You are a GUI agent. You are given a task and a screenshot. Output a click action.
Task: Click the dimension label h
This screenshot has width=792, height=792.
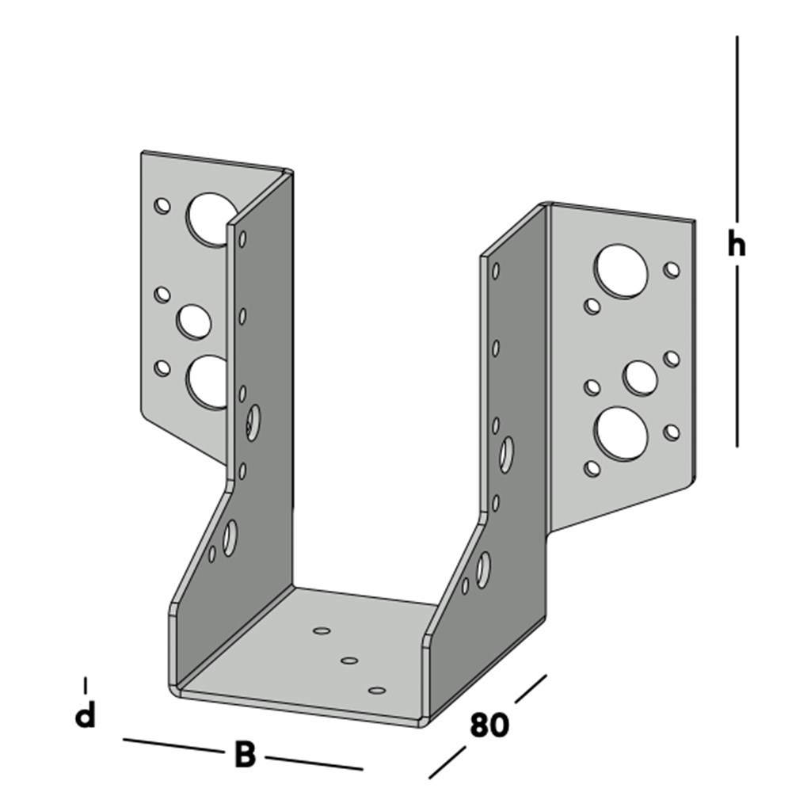click(x=737, y=246)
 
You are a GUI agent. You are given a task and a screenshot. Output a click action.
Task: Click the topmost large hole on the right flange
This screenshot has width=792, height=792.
click(x=623, y=272)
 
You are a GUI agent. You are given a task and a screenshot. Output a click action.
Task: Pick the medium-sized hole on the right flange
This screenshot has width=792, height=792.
click(x=639, y=377)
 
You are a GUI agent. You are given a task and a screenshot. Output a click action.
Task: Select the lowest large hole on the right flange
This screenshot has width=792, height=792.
click(x=621, y=433)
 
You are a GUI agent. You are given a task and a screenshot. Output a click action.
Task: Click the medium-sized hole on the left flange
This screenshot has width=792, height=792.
click(x=194, y=321)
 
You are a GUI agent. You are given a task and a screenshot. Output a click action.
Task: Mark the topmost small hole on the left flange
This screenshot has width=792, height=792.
click(x=162, y=206)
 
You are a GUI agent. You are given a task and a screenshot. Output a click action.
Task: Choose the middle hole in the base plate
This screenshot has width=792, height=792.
click(x=348, y=660)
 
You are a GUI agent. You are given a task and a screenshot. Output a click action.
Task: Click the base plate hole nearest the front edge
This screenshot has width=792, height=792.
click(x=378, y=691)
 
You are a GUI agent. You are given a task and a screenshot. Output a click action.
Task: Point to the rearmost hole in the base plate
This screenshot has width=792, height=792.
click(x=322, y=630)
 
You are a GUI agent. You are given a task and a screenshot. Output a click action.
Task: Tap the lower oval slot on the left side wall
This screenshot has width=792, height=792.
click(x=230, y=539)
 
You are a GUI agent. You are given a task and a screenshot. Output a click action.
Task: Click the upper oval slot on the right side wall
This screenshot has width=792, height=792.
click(x=506, y=454)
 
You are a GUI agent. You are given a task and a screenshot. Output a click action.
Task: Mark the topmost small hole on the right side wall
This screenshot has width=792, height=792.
click(x=496, y=271)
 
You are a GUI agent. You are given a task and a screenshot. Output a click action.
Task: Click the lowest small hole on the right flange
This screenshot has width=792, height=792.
click(x=592, y=468)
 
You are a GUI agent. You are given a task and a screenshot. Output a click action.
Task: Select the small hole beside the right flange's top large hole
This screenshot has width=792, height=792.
click(x=672, y=270)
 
